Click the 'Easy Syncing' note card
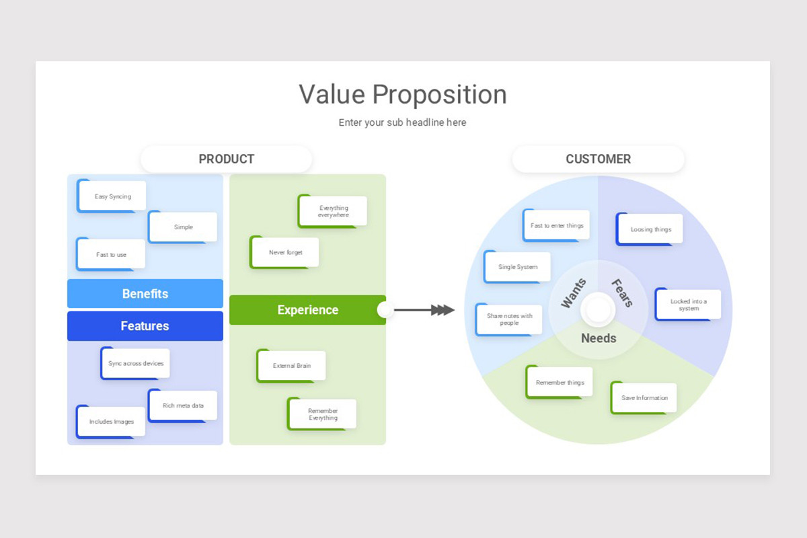coord(112,196)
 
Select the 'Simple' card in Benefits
coord(183,227)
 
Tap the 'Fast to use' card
coord(111,254)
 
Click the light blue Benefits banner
coord(145,293)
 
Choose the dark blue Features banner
coord(145,325)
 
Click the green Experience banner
coord(308,310)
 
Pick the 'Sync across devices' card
coord(135,363)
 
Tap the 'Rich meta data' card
coord(183,406)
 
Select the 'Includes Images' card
coord(111,422)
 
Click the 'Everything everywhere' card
coord(333,211)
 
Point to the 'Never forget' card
coord(284,252)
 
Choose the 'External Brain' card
coord(291,366)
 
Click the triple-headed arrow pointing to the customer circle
coord(424,310)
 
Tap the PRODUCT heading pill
coord(226,159)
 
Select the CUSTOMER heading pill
coord(598,159)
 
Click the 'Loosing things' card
coord(650,229)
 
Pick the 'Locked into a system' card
coord(688,305)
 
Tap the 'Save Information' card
coord(644,398)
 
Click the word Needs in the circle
coord(599,338)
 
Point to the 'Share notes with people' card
coord(509,319)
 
